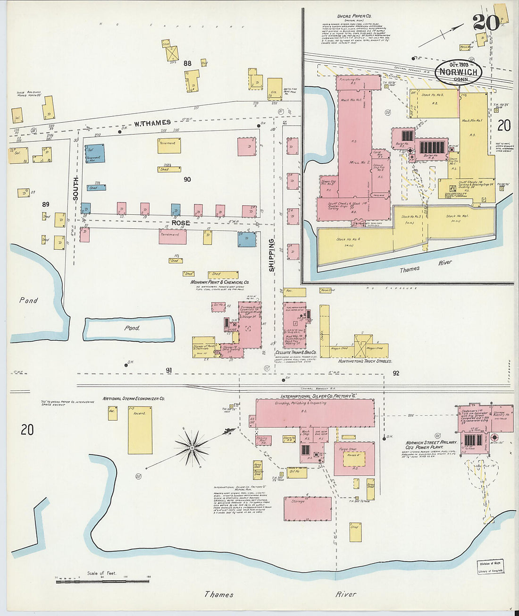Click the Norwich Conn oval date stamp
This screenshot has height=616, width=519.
click(x=459, y=72)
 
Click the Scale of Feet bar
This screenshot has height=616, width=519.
click(x=102, y=582)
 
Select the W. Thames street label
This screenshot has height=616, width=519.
click(x=152, y=123)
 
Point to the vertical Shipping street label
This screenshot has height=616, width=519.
click(x=272, y=255)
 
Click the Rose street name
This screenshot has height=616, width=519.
click(x=181, y=223)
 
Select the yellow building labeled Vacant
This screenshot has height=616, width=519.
click(x=140, y=430)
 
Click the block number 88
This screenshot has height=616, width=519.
click(x=188, y=63)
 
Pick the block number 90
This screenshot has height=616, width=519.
click(x=187, y=179)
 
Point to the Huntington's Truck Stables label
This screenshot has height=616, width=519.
click(x=365, y=361)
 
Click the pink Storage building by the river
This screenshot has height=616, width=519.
click(x=307, y=509)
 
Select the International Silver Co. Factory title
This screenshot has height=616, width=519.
click(x=318, y=397)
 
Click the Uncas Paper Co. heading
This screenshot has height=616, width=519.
click(x=354, y=16)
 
